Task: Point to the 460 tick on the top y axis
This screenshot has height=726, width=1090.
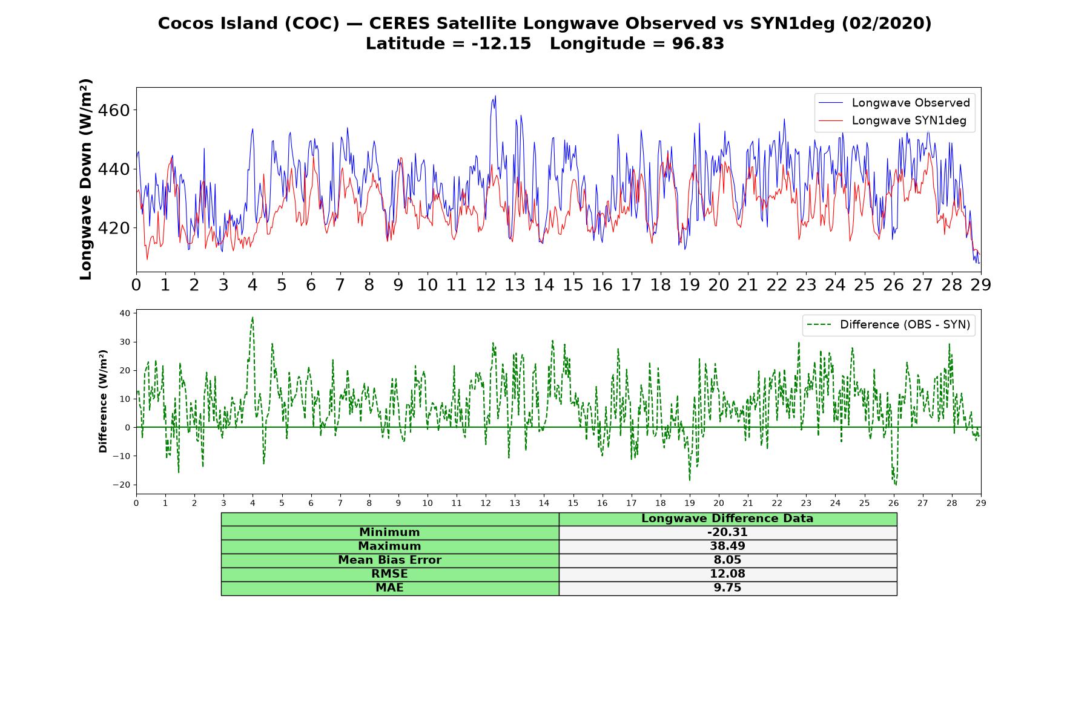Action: tap(113, 111)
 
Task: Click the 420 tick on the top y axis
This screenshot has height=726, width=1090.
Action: tap(113, 228)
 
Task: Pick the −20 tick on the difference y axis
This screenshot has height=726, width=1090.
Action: tap(122, 485)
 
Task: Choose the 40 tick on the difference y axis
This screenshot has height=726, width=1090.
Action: tap(125, 313)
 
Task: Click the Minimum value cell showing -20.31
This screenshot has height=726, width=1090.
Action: tap(727, 532)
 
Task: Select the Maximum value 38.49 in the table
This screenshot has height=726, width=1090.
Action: tap(727, 546)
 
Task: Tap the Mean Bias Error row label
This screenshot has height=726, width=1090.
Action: tap(389, 560)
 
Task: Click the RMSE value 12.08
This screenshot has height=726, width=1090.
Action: tap(727, 574)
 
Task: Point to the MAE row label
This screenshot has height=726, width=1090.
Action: tap(389, 588)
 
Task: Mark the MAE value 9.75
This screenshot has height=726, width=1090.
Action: tap(727, 588)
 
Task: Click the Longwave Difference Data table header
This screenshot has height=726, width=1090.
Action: tap(727, 518)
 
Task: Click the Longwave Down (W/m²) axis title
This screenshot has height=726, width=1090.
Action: tap(86, 179)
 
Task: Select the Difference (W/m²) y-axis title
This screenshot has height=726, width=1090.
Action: tap(103, 401)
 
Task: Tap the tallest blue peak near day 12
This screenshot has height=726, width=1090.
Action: tap(495, 96)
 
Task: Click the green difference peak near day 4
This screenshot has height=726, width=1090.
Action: tap(253, 317)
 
